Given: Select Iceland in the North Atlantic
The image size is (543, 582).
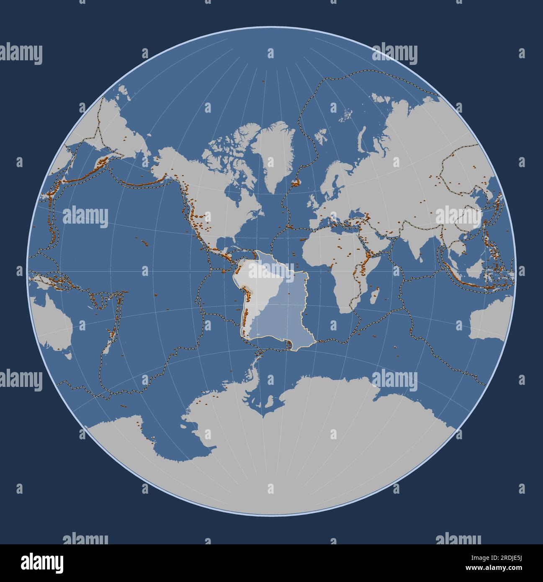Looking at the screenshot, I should click(296, 182).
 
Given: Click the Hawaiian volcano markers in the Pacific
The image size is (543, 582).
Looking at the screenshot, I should click(144, 242).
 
